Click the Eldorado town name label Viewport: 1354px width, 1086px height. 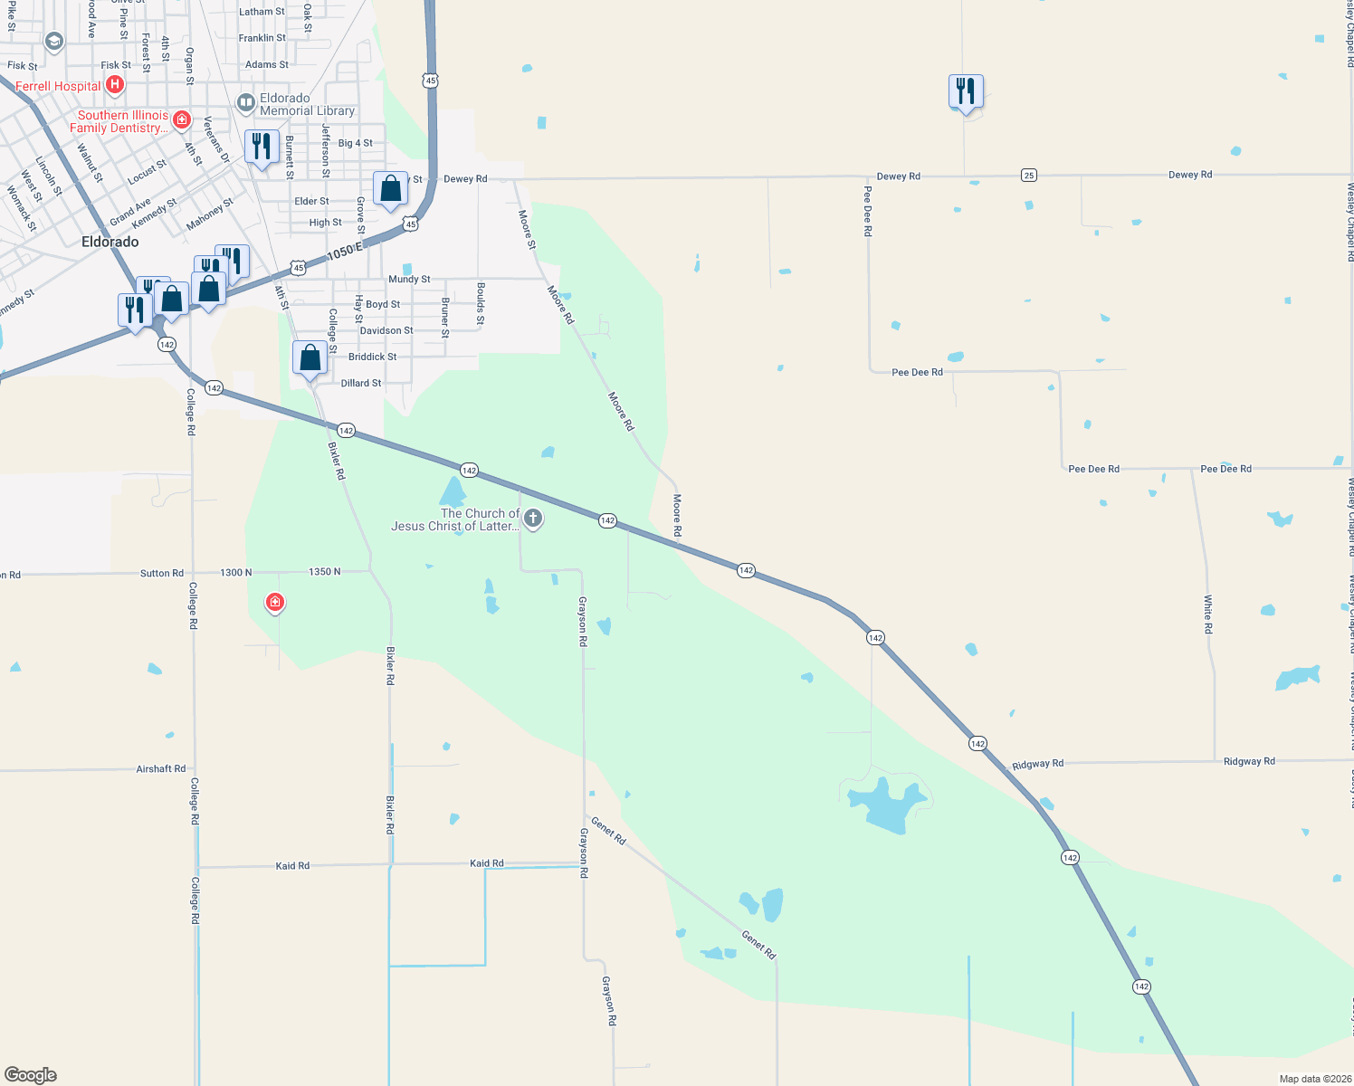(x=110, y=242)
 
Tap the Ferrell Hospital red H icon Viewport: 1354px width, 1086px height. (x=114, y=85)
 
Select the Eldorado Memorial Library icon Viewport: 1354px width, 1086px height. (x=245, y=103)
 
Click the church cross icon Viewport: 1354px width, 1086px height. (x=533, y=519)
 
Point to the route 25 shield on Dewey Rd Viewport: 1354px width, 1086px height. (x=1028, y=175)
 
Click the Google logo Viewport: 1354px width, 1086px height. (x=31, y=1075)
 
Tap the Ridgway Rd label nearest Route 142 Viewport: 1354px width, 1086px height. (x=1037, y=764)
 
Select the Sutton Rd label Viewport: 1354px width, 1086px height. (x=162, y=573)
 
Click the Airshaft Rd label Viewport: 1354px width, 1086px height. (x=161, y=768)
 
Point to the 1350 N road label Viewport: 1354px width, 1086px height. (x=325, y=572)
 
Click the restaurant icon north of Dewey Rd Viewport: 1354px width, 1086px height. (x=966, y=91)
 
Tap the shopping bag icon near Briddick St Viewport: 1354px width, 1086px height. (x=310, y=357)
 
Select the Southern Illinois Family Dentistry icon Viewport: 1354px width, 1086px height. (x=182, y=119)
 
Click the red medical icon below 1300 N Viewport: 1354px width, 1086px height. (x=275, y=602)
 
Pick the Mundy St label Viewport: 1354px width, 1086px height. (x=409, y=280)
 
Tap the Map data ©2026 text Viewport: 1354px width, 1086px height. (x=1311, y=1079)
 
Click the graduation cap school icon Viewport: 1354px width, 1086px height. (x=54, y=42)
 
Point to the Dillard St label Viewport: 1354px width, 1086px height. (x=361, y=384)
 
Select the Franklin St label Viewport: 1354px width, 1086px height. (x=262, y=38)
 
